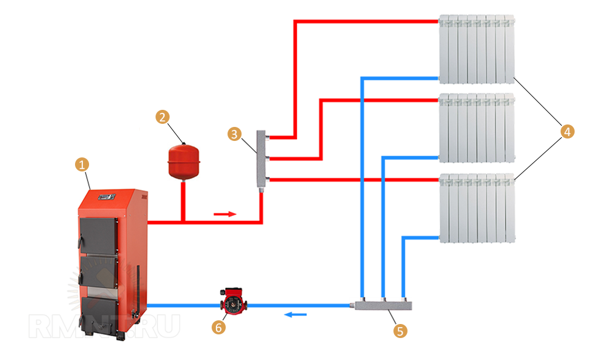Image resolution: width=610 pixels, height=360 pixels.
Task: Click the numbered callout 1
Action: click(82, 164)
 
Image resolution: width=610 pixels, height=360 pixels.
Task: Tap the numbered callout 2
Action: click(162, 117)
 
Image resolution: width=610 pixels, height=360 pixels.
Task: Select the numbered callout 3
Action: click(234, 134)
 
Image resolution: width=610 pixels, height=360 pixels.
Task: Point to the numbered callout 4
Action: click(568, 131)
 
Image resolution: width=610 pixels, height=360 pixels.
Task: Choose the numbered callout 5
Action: click(400, 331)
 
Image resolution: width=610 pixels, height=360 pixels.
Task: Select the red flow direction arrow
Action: click(224, 214)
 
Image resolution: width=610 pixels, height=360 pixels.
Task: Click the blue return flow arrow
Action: click(297, 315)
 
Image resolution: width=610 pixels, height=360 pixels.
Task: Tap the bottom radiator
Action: click(476, 208)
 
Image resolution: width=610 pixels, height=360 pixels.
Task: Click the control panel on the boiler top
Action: click(107, 196)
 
